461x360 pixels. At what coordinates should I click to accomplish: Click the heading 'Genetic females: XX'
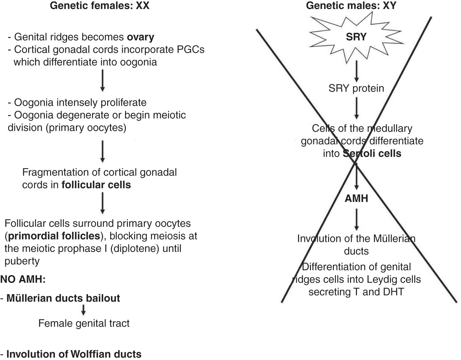click(x=99, y=6)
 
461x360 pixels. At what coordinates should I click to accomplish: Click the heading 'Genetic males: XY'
click(x=351, y=6)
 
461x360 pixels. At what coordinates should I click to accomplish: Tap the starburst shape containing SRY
click(x=356, y=37)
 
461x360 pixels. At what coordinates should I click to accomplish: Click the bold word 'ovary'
click(x=140, y=37)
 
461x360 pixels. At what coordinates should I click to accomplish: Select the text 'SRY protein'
click(x=356, y=88)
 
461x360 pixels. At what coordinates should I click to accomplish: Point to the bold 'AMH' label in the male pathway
click(x=356, y=199)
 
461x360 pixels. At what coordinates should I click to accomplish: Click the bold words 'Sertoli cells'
click(x=372, y=154)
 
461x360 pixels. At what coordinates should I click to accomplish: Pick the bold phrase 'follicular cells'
click(x=96, y=185)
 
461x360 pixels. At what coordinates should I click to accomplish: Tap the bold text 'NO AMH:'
click(x=23, y=279)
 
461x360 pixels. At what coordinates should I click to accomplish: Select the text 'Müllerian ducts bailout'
click(x=63, y=298)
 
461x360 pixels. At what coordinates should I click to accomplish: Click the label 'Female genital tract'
click(x=84, y=323)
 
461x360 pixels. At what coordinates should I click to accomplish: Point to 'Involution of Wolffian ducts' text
click(x=74, y=354)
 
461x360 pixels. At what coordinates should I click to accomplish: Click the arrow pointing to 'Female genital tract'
click(x=83, y=310)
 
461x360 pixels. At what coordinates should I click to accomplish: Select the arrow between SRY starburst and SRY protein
click(x=356, y=72)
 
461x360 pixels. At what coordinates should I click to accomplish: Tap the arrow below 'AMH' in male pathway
click(x=356, y=220)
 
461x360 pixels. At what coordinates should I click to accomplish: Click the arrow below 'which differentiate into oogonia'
click(x=102, y=81)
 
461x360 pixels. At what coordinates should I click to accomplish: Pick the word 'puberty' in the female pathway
click(x=22, y=261)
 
